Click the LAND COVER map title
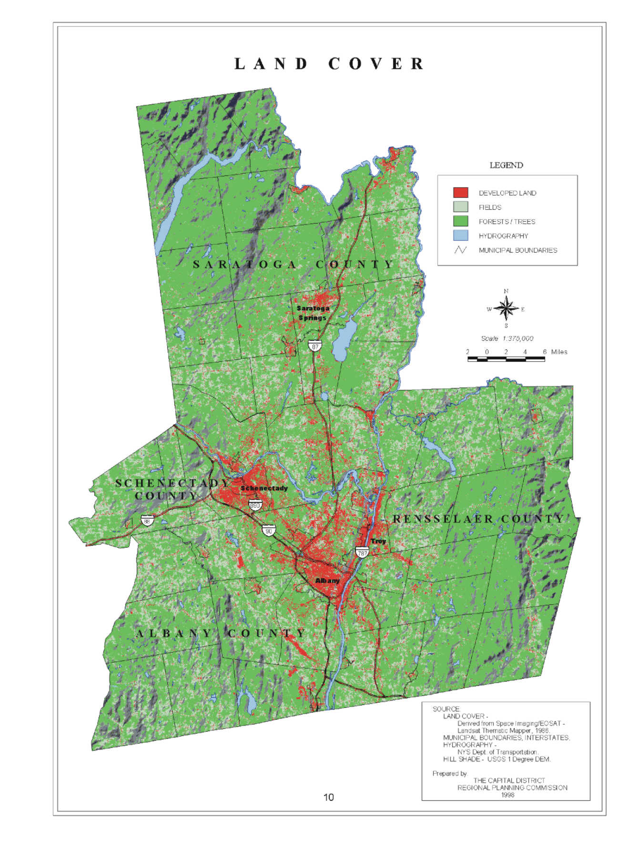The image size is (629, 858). [x=329, y=64]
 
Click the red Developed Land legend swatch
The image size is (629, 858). [x=460, y=193]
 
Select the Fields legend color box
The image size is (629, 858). [x=460, y=207]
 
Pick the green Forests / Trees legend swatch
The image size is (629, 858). [x=460, y=221]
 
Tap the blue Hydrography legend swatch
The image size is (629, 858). [x=460, y=235]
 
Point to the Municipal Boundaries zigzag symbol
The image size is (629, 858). [x=460, y=250]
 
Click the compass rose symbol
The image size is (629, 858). [x=506, y=309]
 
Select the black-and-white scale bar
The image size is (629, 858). [x=506, y=359]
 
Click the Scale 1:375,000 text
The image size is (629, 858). [x=507, y=338]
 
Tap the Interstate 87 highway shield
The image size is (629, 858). [x=315, y=346]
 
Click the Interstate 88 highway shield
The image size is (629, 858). [x=147, y=520]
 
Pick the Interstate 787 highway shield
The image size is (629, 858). [x=362, y=552]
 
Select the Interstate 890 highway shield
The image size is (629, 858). [x=255, y=504]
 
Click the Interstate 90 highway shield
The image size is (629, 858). [x=269, y=530]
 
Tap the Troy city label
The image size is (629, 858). [x=378, y=541]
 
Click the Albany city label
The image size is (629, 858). [x=327, y=581]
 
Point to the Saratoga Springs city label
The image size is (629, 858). [x=313, y=313]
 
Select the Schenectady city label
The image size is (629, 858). [x=264, y=488]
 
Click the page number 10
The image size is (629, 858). [x=329, y=797]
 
